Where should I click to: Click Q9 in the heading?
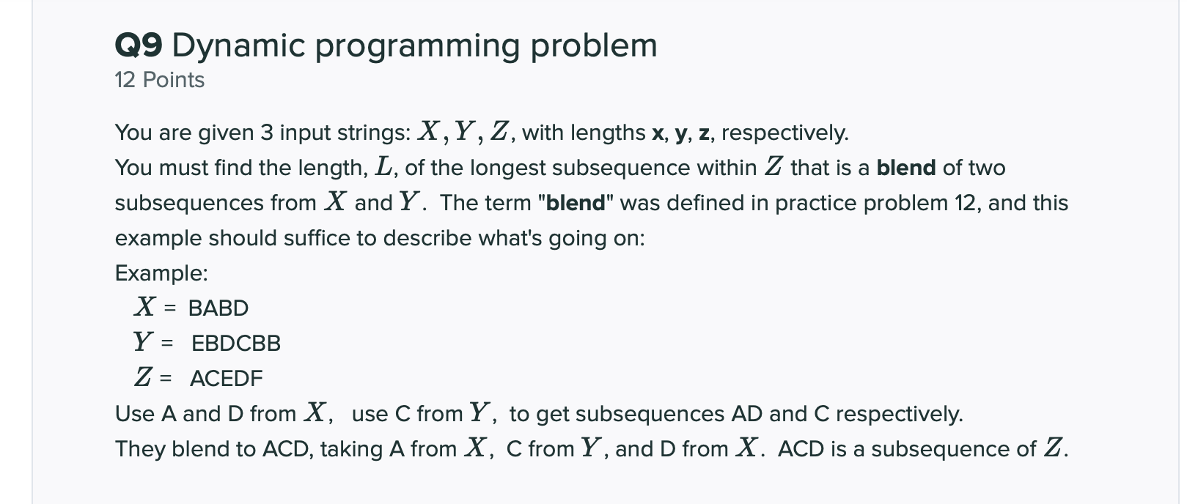(x=139, y=46)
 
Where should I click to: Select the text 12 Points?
(x=159, y=80)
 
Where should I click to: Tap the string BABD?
(x=218, y=308)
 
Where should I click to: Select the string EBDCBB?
(x=236, y=344)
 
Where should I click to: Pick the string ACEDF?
(x=226, y=379)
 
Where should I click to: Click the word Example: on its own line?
(x=161, y=273)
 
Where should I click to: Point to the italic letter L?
(x=383, y=168)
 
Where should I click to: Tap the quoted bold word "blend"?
(x=576, y=203)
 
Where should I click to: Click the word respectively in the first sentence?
(x=784, y=133)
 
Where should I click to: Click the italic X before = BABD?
(x=144, y=307)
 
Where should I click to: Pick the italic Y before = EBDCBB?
(x=143, y=342)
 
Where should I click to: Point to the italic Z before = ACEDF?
(x=144, y=377)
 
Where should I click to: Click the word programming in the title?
(x=417, y=46)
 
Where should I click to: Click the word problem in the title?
(x=594, y=46)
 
